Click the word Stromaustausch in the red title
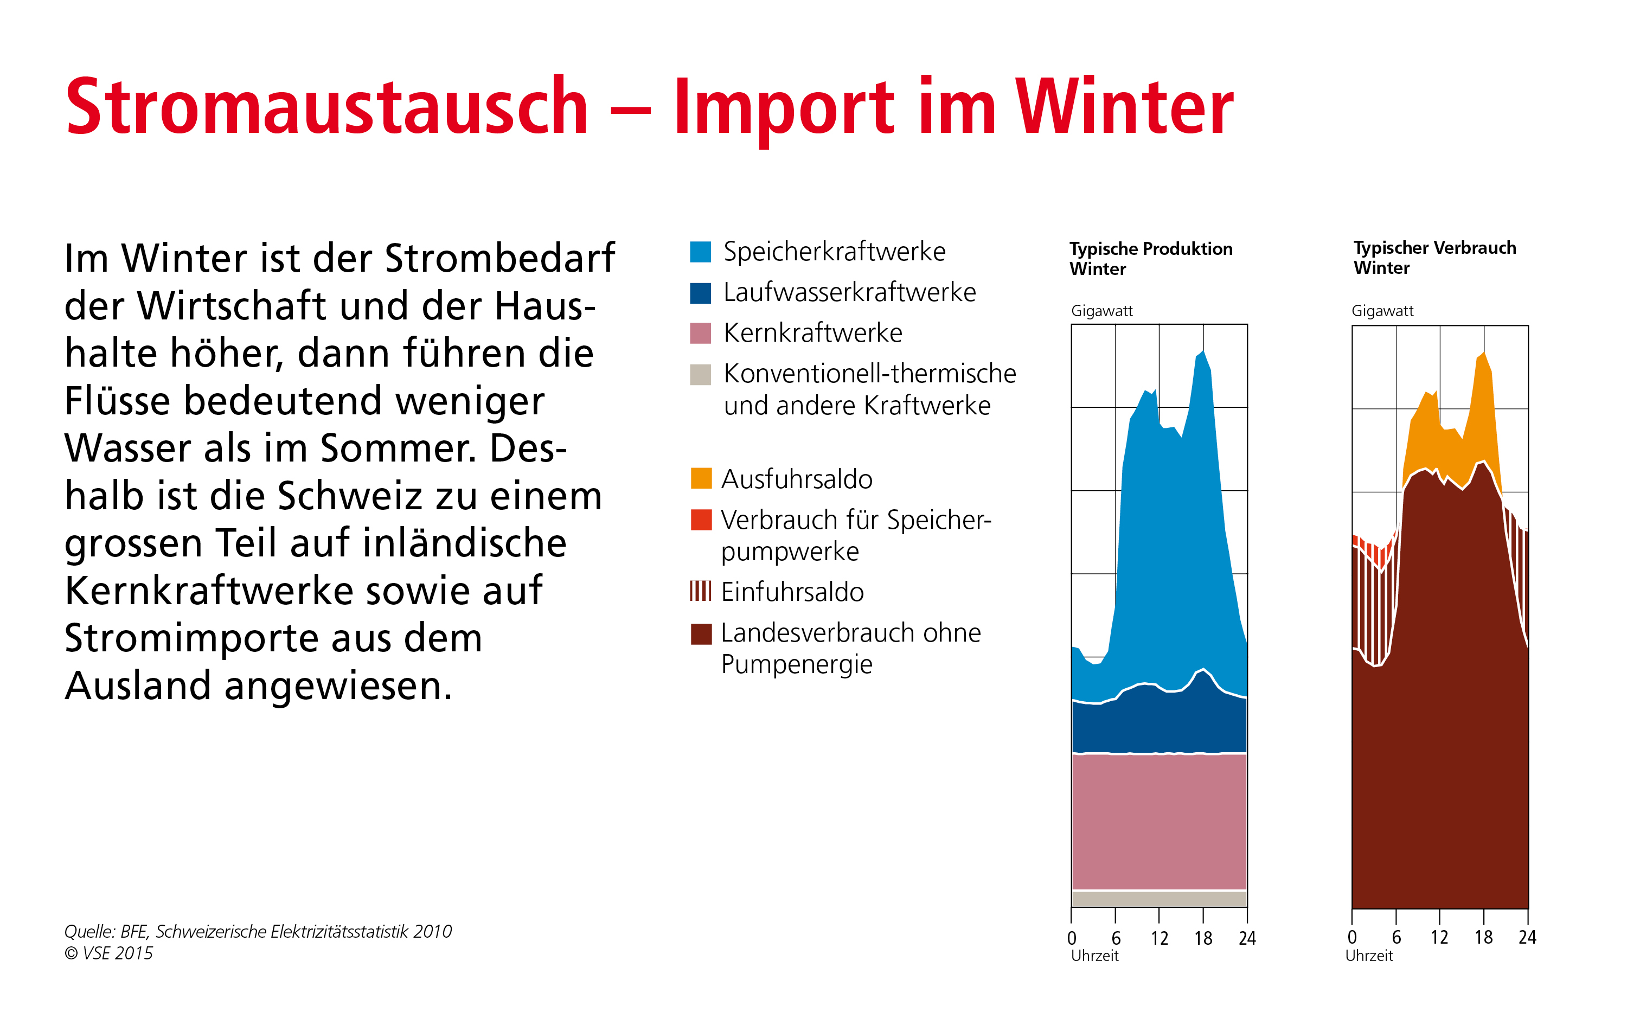pos(327,106)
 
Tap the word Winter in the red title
pos(1124,106)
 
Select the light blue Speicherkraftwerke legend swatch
pos(701,251)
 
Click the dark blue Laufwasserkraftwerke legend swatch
pos(701,292)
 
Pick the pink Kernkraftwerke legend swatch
pos(701,333)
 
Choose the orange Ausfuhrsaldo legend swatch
pos(701,478)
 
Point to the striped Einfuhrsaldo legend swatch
pos(701,591)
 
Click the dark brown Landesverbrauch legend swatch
pos(701,634)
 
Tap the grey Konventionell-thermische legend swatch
pos(701,374)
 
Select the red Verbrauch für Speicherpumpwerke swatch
pos(701,520)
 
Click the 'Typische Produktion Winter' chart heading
pos(1151,259)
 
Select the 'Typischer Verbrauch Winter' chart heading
pos(1434,258)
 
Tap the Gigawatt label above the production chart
pos(1102,311)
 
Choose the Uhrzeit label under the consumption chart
pos(1369,956)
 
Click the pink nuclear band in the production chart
pos(1160,822)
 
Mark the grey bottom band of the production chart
pos(1160,899)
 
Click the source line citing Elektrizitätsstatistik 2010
pos(258,932)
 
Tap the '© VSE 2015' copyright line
pos(109,953)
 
